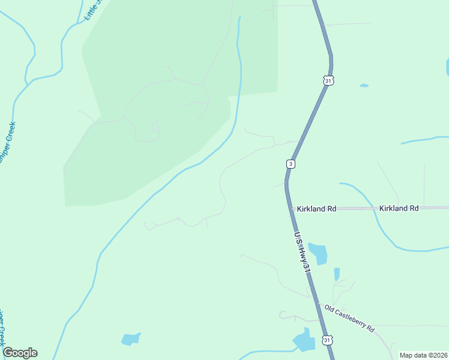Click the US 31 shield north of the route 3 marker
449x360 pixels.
(327, 80)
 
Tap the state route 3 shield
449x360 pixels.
(291, 164)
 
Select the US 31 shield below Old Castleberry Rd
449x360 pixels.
(327, 340)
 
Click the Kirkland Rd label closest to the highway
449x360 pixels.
(316, 209)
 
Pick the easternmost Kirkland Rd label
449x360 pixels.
(399, 208)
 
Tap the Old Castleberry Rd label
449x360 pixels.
(349, 318)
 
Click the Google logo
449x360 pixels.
(20, 353)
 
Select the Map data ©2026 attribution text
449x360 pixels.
(423, 355)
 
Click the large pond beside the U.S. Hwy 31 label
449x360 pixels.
(318, 254)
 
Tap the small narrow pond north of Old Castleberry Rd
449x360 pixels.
(337, 274)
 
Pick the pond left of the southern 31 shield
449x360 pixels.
(304, 341)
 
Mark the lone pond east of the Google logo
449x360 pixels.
(130, 339)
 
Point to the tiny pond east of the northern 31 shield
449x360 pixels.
(364, 85)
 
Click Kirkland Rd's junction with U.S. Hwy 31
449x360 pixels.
(288, 208)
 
